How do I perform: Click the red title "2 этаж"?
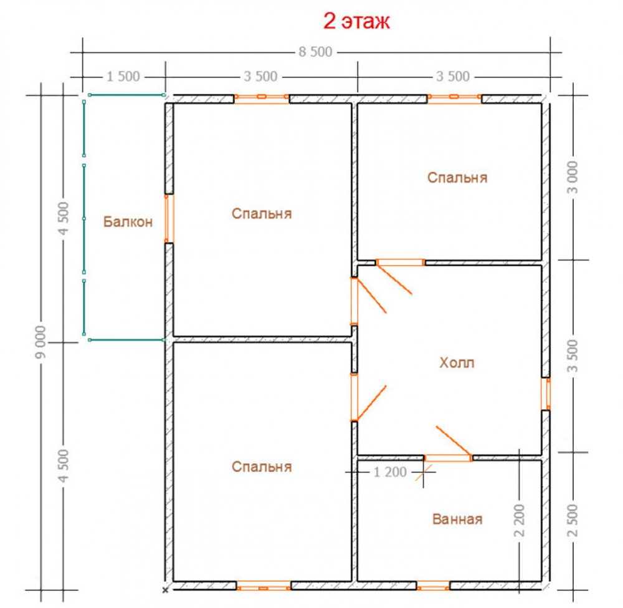(356, 21)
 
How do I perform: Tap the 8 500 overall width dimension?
(315, 52)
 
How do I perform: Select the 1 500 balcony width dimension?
(123, 76)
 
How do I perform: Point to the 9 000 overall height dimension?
(41, 342)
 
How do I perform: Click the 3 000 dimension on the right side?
(573, 177)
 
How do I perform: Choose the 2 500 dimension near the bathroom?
(573, 520)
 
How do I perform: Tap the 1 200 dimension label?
(390, 472)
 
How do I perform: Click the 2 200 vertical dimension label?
(519, 520)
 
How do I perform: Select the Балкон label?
(128, 221)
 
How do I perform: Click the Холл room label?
(457, 363)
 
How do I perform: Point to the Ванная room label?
(457, 519)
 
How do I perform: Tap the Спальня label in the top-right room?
(457, 178)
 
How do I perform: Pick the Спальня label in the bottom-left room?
(262, 466)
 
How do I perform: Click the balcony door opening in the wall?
(169, 219)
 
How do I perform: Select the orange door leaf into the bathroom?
(454, 441)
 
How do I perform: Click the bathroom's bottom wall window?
(433, 586)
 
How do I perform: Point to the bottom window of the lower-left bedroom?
(264, 586)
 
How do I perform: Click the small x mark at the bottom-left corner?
(165, 591)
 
